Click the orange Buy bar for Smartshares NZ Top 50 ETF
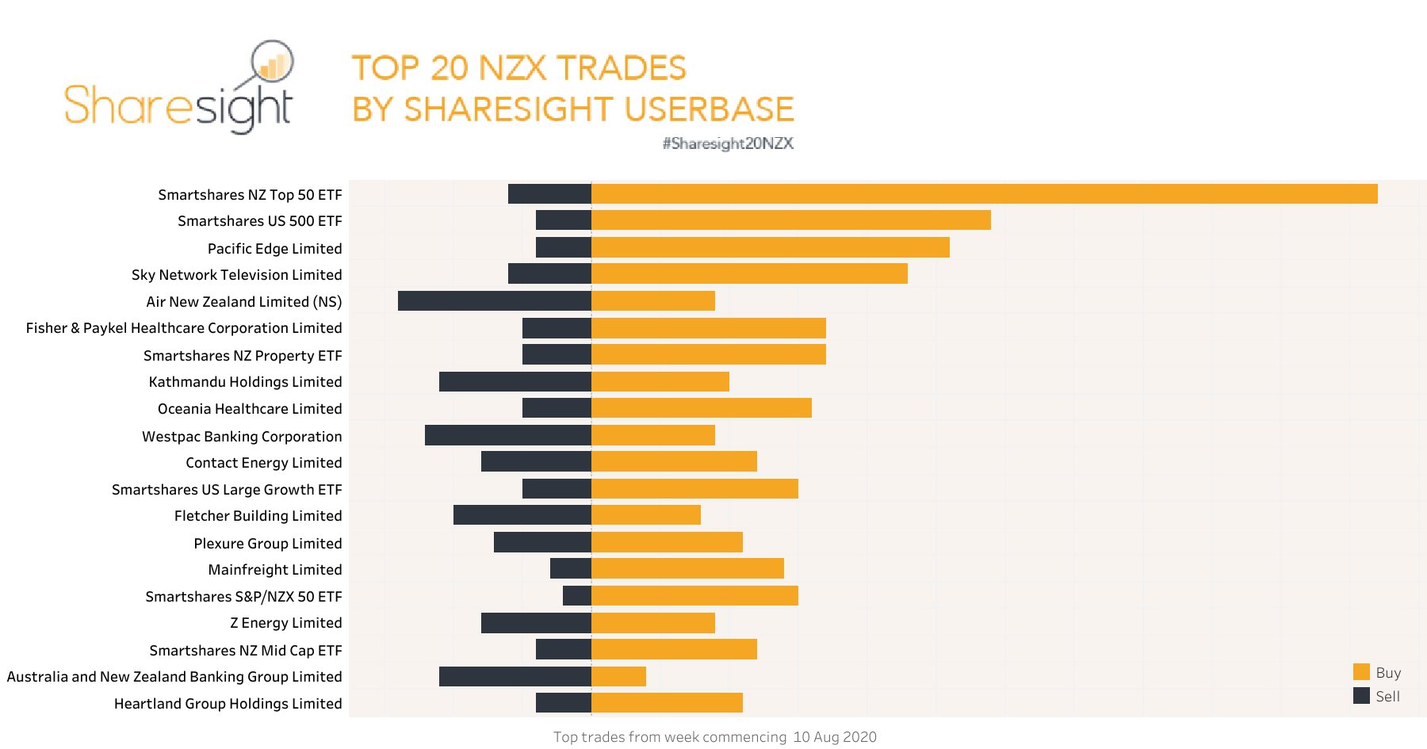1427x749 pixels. coord(984,194)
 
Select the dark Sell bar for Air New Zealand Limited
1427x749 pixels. coord(495,301)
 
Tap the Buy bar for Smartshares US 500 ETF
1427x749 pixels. coord(791,220)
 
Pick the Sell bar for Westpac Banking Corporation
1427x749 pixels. coord(508,435)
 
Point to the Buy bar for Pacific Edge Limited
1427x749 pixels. coord(771,247)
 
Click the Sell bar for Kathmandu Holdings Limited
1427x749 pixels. coord(515,381)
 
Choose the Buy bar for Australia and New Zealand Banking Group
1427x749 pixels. coord(618,676)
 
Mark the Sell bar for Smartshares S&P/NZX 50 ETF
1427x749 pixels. coord(577,595)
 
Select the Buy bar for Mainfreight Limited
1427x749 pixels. coord(687,568)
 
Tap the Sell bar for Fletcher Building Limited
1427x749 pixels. coord(522,515)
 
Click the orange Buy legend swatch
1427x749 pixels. coord(1361,672)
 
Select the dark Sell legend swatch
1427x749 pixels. coord(1361,696)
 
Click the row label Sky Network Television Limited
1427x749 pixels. coord(236,275)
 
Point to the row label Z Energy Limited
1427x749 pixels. coord(285,623)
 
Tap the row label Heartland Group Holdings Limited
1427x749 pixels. coord(228,704)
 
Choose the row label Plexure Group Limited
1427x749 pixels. coord(267,544)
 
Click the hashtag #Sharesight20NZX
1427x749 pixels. coord(728,143)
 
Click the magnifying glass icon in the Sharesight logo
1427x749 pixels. coord(272,62)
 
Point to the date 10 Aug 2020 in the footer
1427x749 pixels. coord(834,737)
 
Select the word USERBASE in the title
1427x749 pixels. coord(710,109)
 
